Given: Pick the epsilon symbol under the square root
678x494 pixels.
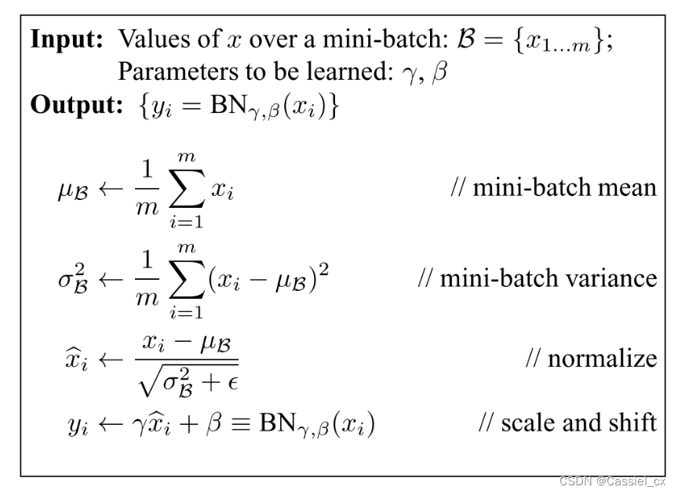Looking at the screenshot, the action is [x=231, y=379].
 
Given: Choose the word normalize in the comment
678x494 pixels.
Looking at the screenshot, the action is [x=602, y=359].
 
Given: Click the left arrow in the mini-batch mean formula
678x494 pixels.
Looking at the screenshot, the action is [x=103, y=191].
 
